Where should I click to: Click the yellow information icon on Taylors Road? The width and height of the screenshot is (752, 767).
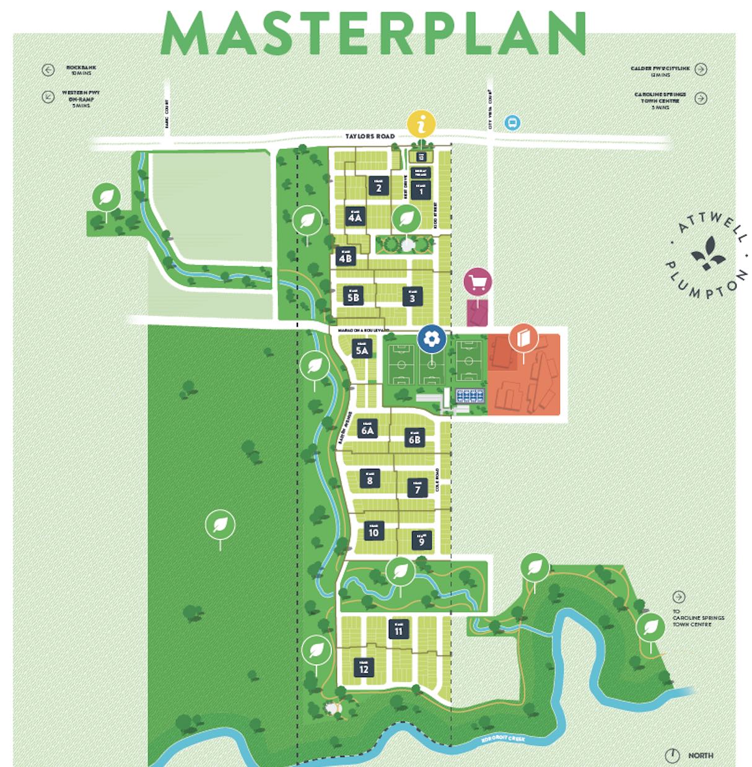(x=422, y=124)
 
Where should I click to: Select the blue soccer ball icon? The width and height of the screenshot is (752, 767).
(x=432, y=338)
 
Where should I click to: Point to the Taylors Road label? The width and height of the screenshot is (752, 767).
(x=370, y=136)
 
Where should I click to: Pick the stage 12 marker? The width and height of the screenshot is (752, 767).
(x=364, y=667)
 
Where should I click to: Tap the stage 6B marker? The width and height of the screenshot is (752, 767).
(x=414, y=438)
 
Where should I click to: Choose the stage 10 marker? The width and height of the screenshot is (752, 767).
(x=374, y=531)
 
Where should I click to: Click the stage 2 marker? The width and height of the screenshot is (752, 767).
(x=378, y=186)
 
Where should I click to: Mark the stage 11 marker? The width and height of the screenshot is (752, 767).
(x=398, y=629)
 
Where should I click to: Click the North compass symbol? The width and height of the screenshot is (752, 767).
(x=672, y=755)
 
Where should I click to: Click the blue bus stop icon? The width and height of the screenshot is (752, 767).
(x=512, y=123)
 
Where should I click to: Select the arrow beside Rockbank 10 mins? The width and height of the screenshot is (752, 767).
(x=48, y=70)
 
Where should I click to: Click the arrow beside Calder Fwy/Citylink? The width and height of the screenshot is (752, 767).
(x=701, y=69)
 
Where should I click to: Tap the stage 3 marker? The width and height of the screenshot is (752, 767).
(x=412, y=296)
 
